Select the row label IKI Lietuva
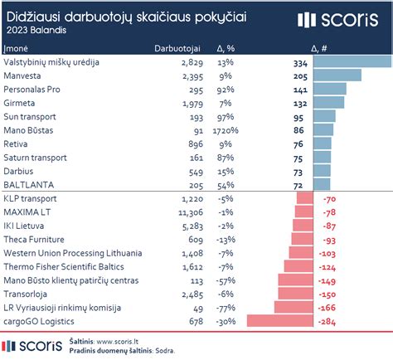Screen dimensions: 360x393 tap(27, 226)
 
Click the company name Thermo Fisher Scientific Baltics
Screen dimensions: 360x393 tap(65, 266)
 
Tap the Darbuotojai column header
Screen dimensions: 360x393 tap(178, 48)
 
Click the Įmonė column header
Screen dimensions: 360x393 tap(17, 48)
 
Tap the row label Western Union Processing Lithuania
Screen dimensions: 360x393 tap(72, 253)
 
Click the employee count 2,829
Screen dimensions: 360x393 tap(190, 61)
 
